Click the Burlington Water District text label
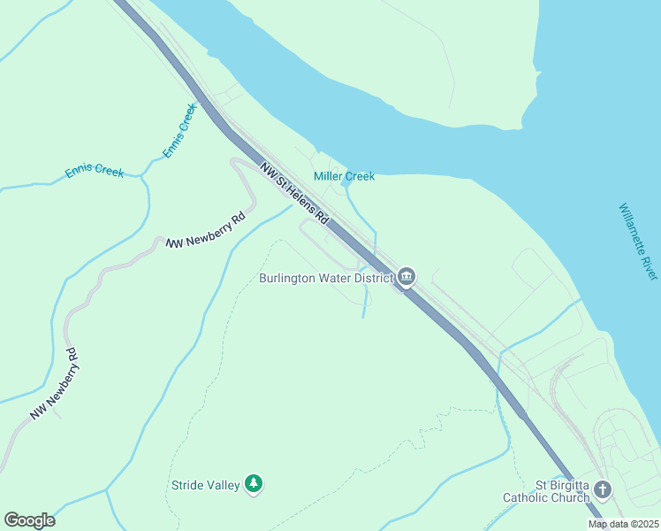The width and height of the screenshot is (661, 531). pos(326,278)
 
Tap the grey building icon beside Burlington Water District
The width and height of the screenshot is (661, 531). pos(406,278)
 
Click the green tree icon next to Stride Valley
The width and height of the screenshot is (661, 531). pos(255,483)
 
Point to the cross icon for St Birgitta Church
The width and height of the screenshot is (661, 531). pos(603,489)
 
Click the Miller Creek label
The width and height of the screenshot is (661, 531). pos(345,176)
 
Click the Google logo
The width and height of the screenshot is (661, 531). pos(29,520)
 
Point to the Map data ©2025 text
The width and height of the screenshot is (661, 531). pos(622,524)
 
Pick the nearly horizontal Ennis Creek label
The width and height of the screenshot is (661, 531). pos(95,172)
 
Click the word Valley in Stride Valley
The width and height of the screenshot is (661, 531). pos(224,485)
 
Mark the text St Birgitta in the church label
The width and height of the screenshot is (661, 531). pos(561,484)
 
